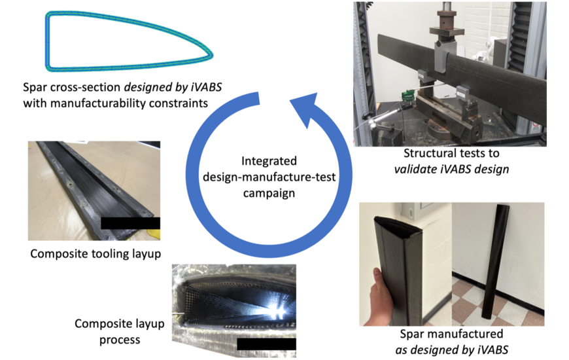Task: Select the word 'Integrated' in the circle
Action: click(269, 160)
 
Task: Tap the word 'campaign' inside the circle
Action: click(269, 194)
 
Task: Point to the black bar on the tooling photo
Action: click(131, 223)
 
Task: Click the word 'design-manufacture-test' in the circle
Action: click(269, 177)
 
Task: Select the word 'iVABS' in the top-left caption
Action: click(202, 87)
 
